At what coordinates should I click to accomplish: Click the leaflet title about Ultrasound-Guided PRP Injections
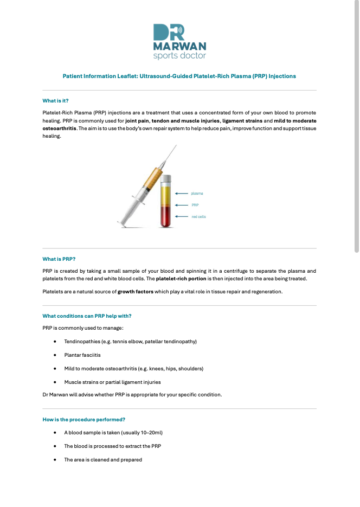coord(179,76)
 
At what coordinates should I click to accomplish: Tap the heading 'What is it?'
coord(55,100)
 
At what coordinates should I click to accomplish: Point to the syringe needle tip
coord(175,146)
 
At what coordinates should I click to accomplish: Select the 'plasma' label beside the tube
coord(197,193)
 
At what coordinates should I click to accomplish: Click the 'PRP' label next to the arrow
coord(195,205)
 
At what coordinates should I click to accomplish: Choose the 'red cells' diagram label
coord(198,217)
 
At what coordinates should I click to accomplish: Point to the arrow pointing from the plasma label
coord(182,193)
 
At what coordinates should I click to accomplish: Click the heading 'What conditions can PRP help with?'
coord(87,316)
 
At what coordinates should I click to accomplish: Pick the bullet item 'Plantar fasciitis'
coord(82,355)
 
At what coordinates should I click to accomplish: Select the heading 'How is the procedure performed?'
coord(84,419)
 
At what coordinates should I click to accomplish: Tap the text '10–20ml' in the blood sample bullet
coord(147,433)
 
